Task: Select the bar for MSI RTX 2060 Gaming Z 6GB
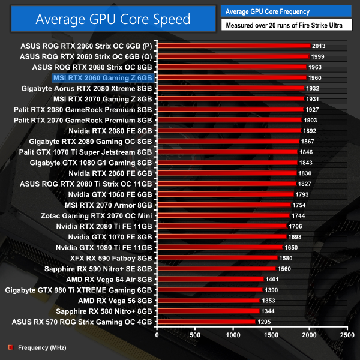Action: click(x=231, y=77)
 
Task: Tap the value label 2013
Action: click(x=319, y=46)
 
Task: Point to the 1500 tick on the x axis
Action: click(x=271, y=335)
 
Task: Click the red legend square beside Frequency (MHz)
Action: click(x=10, y=347)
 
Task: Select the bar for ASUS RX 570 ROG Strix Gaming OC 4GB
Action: click(x=206, y=322)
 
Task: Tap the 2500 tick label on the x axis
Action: click(x=346, y=335)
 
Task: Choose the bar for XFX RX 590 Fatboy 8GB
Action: click(x=217, y=258)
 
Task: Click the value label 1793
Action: click(x=302, y=194)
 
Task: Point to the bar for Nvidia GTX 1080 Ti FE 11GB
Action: click(x=220, y=247)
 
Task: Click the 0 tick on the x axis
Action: click(x=157, y=335)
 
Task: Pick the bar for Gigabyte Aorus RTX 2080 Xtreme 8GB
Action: click(x=230, y=88)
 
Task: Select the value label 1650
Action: click(x=292, y=247)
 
